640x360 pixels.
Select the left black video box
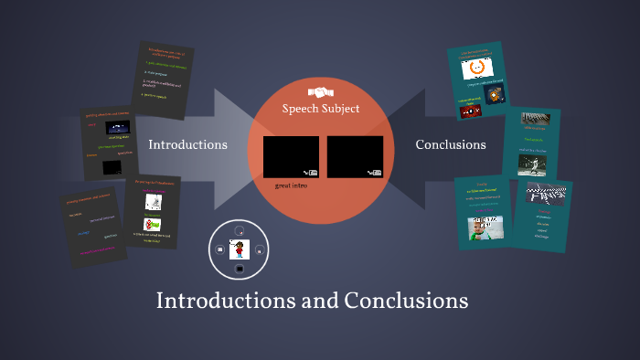(291, 156)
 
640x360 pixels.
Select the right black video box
(355, 156)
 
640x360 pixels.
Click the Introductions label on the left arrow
(187, 144)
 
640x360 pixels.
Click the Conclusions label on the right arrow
(451, 144)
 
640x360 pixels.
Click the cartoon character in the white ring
(239, 249)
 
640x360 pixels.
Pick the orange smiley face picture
(475, 69)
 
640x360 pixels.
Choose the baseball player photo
(529, 163)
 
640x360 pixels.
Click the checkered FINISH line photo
(545, 196)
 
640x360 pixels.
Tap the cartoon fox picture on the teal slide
(495, 96)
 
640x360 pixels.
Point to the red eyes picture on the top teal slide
(470, 111)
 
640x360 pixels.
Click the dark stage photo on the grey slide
(113, 167)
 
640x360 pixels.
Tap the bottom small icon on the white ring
(239, 270)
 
